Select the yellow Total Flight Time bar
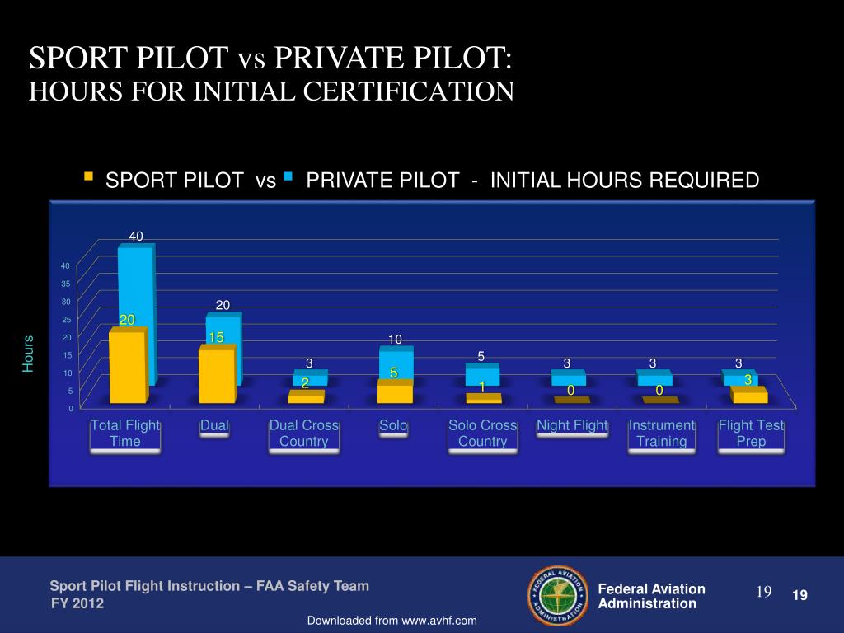point(127,367)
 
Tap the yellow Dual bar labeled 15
point(216,375)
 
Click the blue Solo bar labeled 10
point(396,363)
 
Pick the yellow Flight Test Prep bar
point(750,396)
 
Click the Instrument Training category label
point(662,434)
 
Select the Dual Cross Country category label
point(304,434)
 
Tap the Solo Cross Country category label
point(482,434)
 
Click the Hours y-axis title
point(28,354)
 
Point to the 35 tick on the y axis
point(65,284)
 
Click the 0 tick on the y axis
point(70,409)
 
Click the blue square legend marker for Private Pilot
point(288,176)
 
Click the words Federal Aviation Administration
point(650,596)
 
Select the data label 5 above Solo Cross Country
point(481,356)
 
